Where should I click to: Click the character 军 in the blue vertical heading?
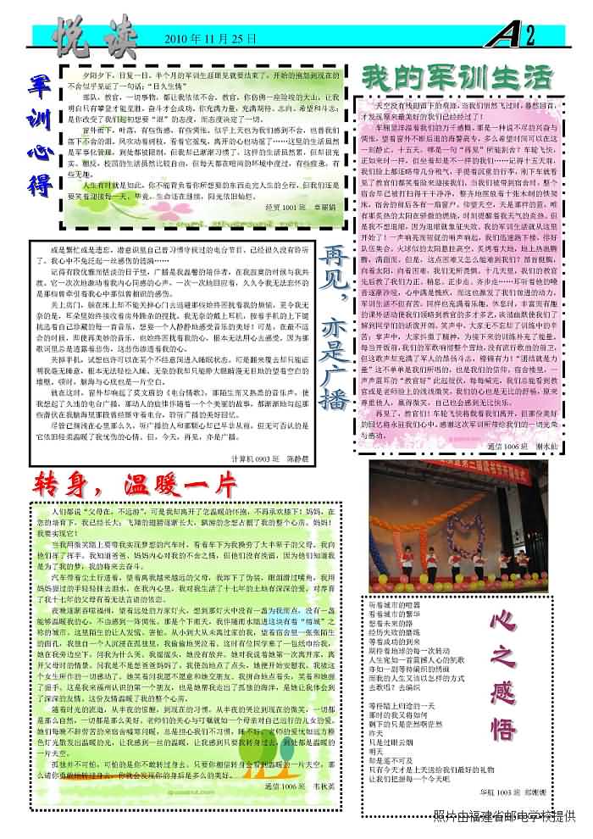click(38, 86)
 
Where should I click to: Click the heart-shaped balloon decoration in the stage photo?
click(463, 536)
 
